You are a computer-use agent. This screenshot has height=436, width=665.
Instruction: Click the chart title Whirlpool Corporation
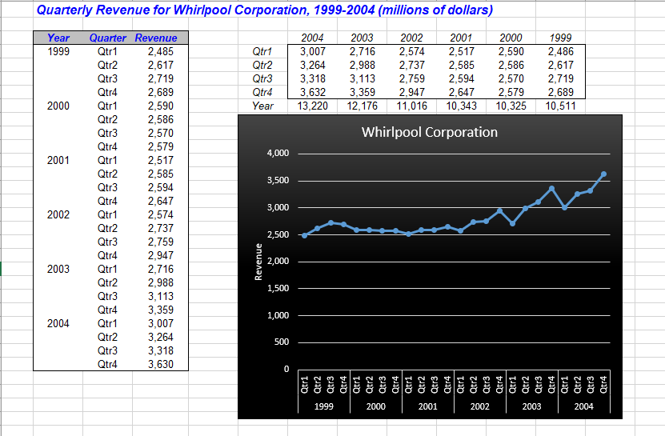[x=429, y=132]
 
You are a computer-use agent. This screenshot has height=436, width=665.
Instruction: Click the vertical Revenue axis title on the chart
[x=258, y=261]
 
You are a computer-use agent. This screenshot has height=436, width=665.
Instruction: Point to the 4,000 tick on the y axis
[x=277, y=154]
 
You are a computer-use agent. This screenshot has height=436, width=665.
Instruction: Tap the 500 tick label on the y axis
[x=281, y=342]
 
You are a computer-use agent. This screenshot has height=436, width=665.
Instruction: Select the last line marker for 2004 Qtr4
[x=603, y=174]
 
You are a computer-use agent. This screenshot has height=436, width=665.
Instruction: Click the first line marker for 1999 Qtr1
[x=304, y=235]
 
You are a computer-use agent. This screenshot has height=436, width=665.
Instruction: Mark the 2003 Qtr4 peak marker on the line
[x=551, y=189]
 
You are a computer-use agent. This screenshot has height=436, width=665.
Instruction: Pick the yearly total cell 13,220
[x=312, y=106]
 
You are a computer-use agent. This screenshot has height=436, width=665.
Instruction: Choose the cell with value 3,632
[x=312, y=92]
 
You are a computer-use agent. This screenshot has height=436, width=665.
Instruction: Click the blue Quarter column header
[x=107, y=38]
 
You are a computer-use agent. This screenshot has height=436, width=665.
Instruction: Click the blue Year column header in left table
[x=58, y=38]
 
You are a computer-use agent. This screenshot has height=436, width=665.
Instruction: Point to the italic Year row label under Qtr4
[x=262, y=106]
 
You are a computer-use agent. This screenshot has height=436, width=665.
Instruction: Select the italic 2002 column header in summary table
[x=411, y=38]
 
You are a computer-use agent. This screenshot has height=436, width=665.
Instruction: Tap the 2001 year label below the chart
[x=427, y=406]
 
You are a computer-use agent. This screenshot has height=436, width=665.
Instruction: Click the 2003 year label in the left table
[x=58, y=269]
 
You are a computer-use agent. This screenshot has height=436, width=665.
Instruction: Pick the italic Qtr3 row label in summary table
[x=262, y=78]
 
